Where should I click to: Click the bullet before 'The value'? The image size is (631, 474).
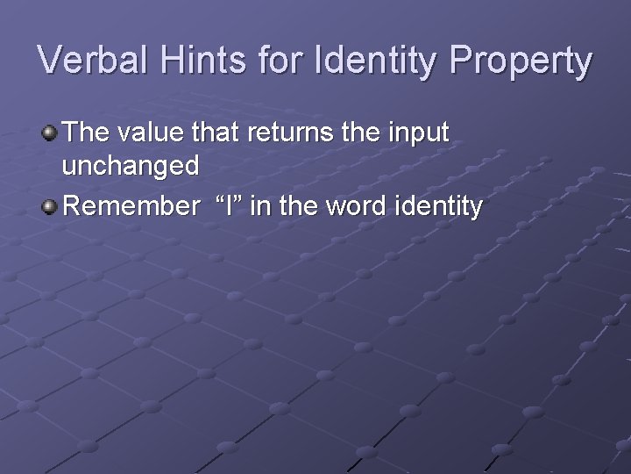tap(50, 133)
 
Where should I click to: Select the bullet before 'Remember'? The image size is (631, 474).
tap(50, 207)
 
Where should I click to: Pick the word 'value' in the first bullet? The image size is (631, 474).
tap(145, 133)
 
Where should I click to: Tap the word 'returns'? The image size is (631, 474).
tap(280, 133)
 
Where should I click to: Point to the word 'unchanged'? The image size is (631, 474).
tap(131, 166)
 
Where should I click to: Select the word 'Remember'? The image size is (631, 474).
tap(132, 206)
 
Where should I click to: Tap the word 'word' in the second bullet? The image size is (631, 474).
tap(354, 206)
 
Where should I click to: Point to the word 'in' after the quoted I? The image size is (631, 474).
tap(264, 206)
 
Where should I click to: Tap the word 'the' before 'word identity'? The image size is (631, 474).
tap(300, 206)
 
